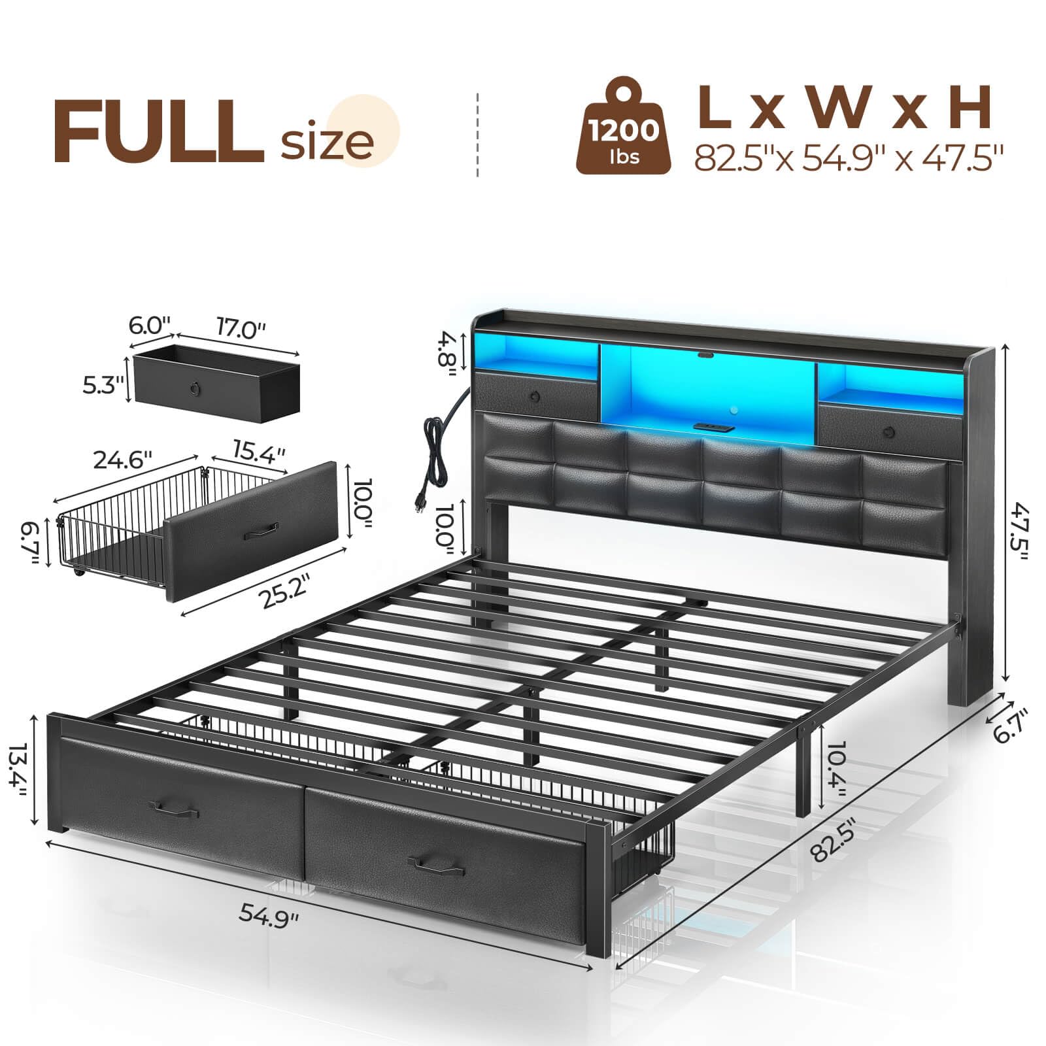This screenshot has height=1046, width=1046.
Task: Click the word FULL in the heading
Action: [x=158, y=132]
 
